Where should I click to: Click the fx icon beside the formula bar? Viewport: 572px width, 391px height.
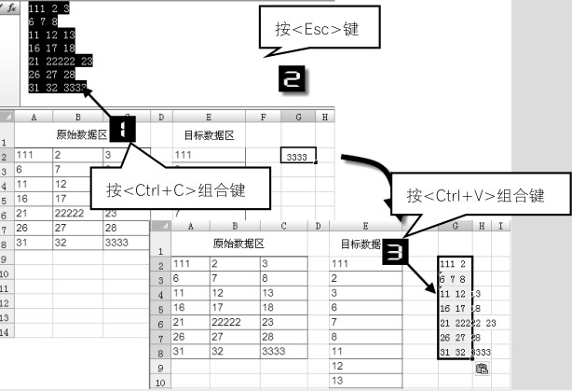point(13,7)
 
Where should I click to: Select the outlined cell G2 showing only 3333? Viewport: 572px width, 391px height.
point(298,156)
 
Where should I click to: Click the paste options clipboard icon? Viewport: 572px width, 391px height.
point(482,369)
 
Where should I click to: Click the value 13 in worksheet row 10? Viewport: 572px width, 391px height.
point(337,381)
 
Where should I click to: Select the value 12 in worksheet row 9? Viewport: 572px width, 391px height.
point(337,367)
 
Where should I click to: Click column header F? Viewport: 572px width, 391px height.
point(264,117)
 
